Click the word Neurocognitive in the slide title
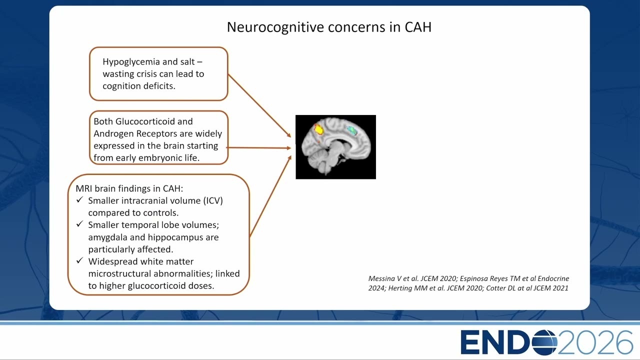(275, 27)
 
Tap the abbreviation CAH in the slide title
(418, 27)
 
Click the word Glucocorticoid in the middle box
(145, 121)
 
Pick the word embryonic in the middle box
(160, 157)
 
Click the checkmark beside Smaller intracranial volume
(79, 199)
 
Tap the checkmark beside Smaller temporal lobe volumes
(79, 224)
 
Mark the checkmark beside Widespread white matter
(79, 260)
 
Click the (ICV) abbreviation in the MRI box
(213, 200)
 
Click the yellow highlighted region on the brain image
(318, 130)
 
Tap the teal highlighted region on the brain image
(352, 130)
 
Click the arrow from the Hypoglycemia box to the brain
(259, 105)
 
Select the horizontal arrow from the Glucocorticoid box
(258, 148)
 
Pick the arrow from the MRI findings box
(270, 196)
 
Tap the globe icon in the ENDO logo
(544, 342)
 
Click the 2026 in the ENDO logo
(595, 342)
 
